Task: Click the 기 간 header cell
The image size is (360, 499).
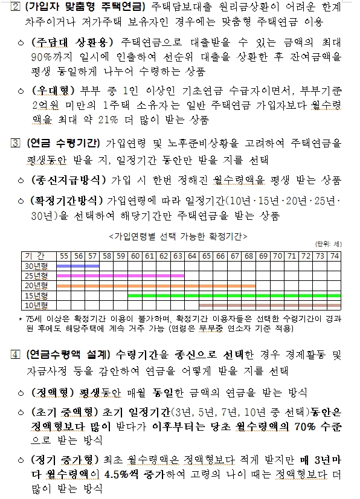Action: [x=37, y=256]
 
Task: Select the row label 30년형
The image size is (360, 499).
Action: [x=37, y=266]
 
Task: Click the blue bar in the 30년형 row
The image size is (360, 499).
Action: [x=78, y=266]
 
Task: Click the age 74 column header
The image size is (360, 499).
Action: [x=335, y=256]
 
